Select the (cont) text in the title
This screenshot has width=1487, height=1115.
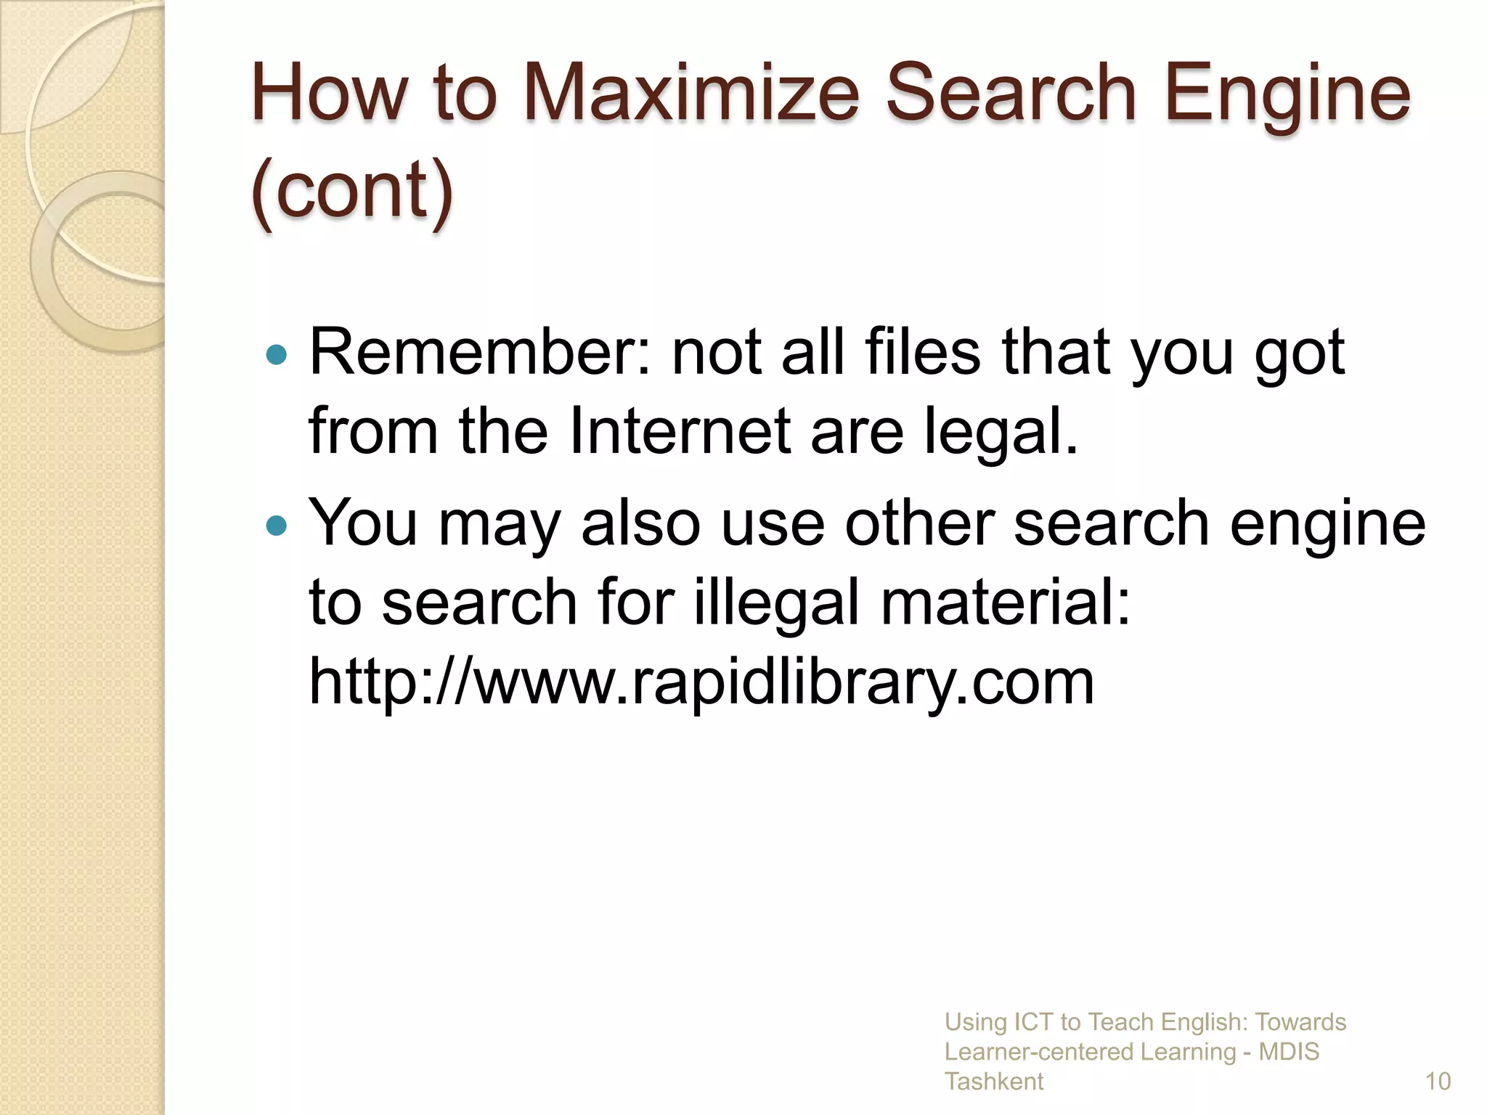[x=352, y=190]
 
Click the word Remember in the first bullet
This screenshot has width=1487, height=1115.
[x=480, y=353]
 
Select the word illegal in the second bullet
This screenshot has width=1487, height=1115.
[x=776, y=603]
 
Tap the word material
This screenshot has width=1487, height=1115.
[x=1006, y=603]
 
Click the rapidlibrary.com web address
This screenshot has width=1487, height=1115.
[x=701, y=682]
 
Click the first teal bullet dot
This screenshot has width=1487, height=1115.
[x=277, y=355]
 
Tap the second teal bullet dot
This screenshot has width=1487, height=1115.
[x=277, y=525]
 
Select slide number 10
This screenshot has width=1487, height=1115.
[x=1438, y=1082]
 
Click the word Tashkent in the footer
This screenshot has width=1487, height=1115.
[x=993, y=1082]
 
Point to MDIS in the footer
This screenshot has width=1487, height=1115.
[x=1289, y=1052]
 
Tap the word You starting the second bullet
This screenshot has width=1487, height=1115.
[x=363, y=523]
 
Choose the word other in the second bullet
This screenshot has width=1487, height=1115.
[x=919, y=523]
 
